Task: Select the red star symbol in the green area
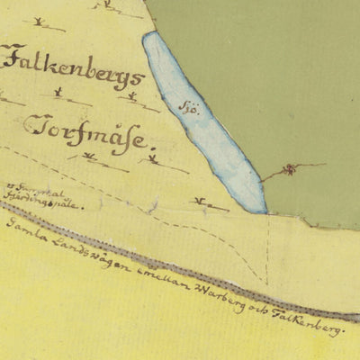[x=290, y=169]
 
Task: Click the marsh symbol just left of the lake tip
[x=209, y=205]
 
